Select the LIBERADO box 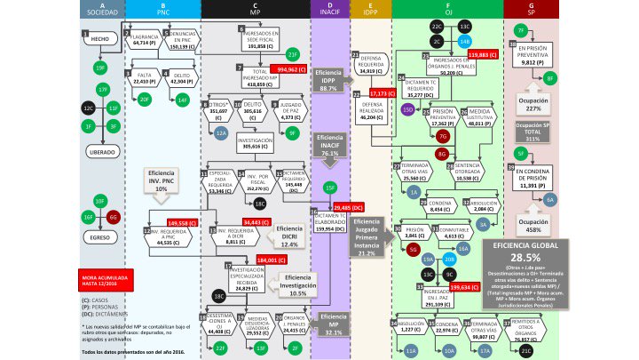99,151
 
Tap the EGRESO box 99,237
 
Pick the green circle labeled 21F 294,54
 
